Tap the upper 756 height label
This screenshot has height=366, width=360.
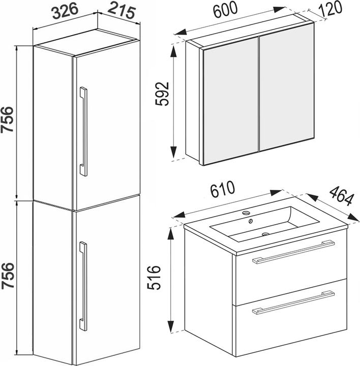[x=7, y=120]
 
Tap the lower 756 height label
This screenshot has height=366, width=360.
[x=7, y=276]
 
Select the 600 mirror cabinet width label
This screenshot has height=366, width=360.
[x=225, y=9]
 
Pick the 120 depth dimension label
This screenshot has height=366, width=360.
[x=329, y=9]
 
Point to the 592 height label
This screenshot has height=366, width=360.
[x=162, y=94]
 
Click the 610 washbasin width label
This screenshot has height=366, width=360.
[x=222, y=189]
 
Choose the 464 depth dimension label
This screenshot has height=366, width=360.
[x=342, y=196]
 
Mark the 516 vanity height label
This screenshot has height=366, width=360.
[x=154, y=278]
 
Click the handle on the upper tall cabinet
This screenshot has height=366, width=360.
[x=83, y=132]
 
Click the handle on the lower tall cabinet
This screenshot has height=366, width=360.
[x=83, y=286]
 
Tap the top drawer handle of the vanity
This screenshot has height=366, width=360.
[x=293, y=252]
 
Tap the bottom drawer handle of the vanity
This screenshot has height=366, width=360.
[x=293, y=302]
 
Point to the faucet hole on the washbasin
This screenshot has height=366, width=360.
[x=246, y=212]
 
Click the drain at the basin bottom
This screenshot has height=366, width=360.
[x=265, y=234]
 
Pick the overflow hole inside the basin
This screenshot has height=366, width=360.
[x=250, y=221]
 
